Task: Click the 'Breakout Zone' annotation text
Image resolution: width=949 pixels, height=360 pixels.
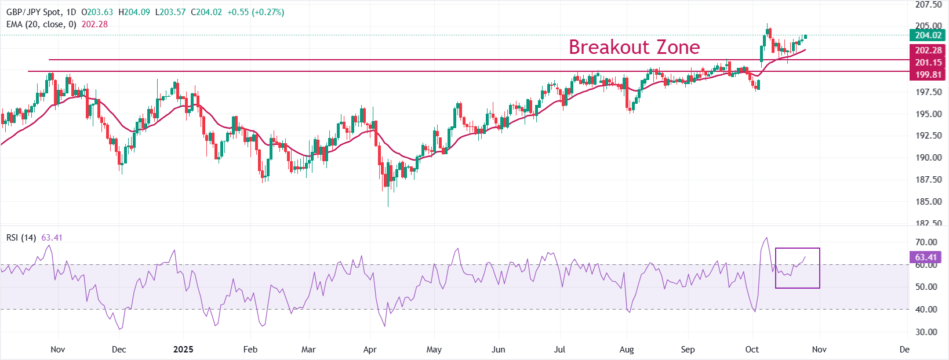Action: [x=634, y=47]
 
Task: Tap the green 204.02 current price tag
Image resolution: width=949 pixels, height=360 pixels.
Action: [x=928, y=35]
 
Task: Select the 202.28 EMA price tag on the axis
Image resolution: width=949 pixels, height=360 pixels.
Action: [x=928, y=50]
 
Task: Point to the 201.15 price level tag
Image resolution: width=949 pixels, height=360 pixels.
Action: [x=928, y=63]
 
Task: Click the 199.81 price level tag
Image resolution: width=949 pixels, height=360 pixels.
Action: [x=928, y=75]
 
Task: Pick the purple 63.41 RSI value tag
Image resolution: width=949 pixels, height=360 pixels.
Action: [x=926, y=257]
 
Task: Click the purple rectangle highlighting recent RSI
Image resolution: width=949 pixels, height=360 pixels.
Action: [x=797, y=268]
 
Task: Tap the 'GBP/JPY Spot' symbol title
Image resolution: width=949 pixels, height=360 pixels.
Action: [x=33, y=12]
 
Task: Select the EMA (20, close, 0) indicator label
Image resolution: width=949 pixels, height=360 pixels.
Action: [x=41, y=24]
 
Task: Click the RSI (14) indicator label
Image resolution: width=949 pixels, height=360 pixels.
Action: [x=21, y=238]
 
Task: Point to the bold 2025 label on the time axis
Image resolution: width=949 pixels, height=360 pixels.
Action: [x=183, y=350]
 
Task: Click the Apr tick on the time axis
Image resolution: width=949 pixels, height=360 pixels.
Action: [x=370, y=350]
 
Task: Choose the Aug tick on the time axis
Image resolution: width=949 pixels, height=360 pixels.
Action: [x=627, y=350]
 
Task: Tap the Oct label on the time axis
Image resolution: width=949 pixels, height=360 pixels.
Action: [x=752, y=350]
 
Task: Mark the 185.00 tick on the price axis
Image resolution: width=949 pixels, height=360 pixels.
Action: [x=928, y=202]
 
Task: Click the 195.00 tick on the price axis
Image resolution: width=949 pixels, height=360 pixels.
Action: [x=928, y=114]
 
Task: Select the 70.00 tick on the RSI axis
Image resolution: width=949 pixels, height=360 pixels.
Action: [x=926, y=242]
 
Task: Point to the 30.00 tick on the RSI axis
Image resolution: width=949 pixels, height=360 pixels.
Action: [x=926, y=332]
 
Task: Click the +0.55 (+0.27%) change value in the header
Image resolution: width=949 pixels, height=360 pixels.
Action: [x=255, y=12]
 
